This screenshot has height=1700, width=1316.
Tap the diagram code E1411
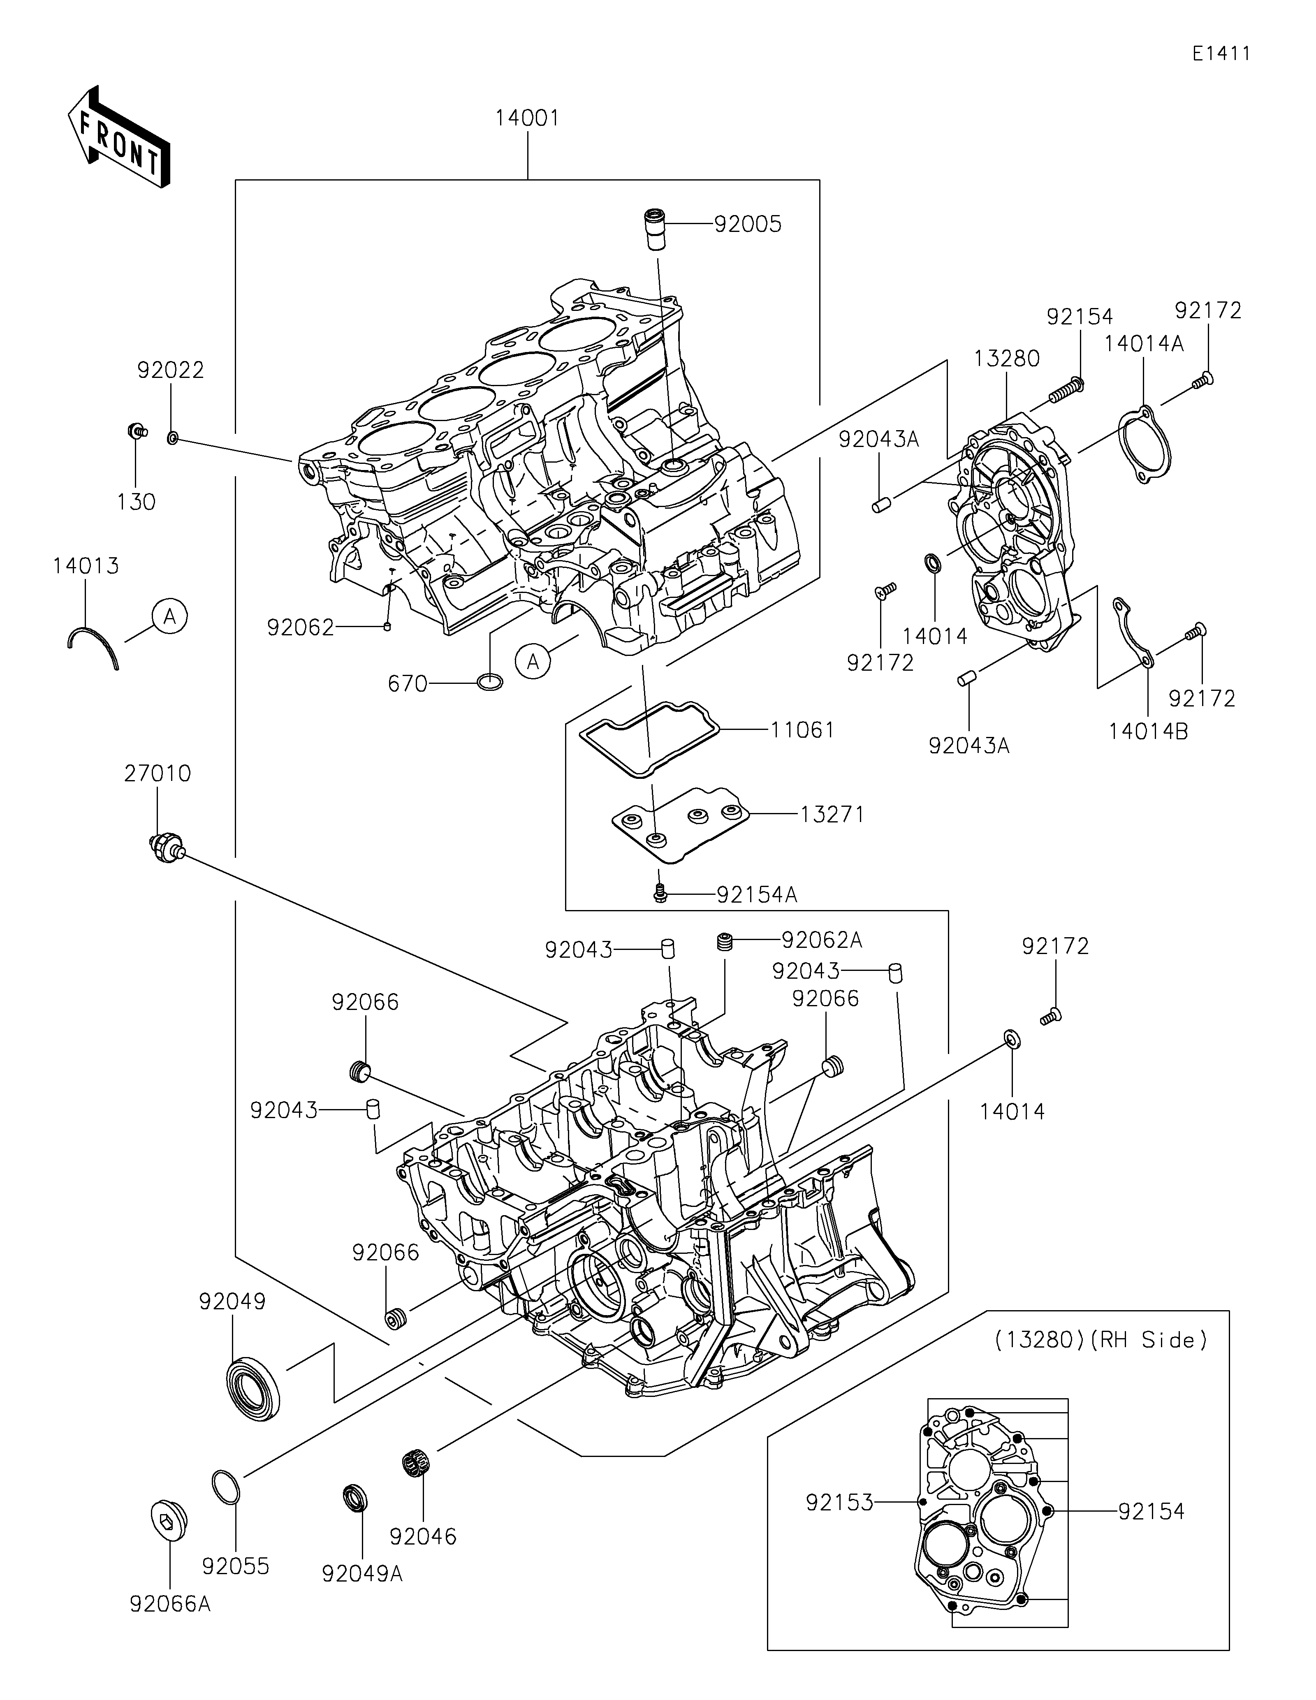(1221, 54)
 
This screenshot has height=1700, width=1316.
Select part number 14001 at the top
(528, 118)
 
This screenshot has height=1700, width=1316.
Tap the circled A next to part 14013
(170, 617)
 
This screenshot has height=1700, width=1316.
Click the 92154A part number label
(756, 895)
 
